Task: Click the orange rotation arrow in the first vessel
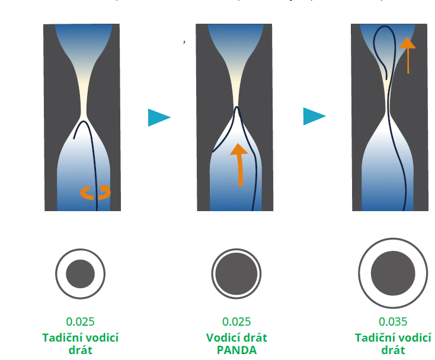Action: [95, 192]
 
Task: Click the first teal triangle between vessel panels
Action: [158, 117]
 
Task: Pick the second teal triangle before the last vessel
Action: [314, 116]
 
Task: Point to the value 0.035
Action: [393, 322]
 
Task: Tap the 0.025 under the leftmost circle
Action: [81, 322]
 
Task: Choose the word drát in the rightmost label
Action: [393, 350]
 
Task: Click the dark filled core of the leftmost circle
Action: [81, 274]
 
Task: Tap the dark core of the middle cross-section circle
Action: [236, 274]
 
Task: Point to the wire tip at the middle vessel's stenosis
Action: [236, 108]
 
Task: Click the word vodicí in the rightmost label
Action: [412, 337]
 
